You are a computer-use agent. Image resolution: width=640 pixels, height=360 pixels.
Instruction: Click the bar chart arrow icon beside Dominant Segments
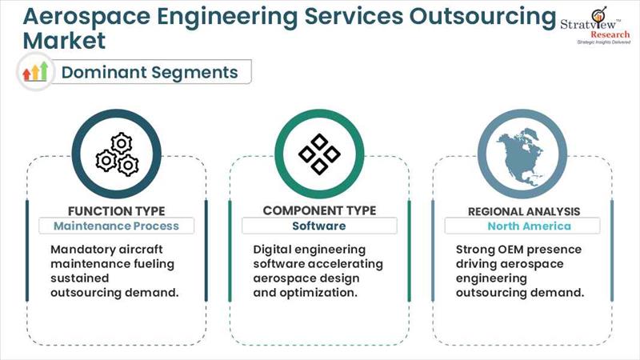point(35,72)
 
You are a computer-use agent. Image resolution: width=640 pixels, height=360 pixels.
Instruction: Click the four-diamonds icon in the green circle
point(319,153)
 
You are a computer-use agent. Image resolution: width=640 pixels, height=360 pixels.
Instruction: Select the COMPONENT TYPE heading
point(319,210)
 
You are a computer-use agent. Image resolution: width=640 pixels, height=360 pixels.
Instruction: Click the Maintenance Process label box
point(116,226)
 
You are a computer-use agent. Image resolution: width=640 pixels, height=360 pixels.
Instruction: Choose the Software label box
point(318,226)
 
